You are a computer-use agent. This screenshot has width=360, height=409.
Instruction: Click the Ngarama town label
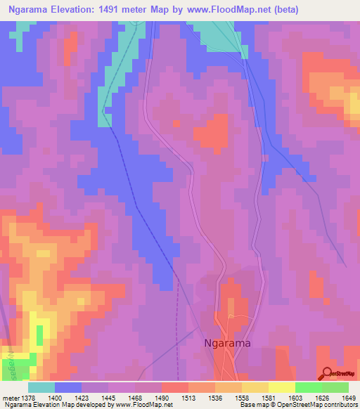226,344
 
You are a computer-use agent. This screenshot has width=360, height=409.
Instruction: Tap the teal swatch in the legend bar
41,387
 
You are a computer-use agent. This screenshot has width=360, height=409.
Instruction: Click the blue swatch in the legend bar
67,387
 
